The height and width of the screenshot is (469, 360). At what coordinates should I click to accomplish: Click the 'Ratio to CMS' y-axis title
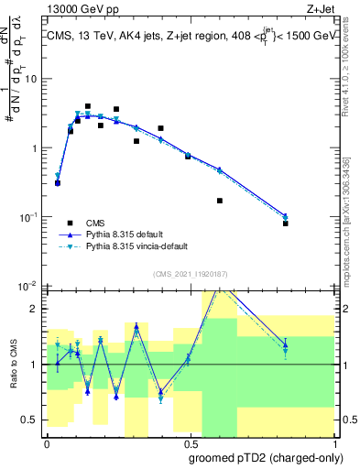[x=16, y=363]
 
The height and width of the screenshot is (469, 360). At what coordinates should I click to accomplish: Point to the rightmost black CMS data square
[x=286, y=224]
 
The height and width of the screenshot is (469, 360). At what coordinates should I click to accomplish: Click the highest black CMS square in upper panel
[x=88, y=106]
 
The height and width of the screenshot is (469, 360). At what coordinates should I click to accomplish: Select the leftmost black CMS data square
[x=58, y=183]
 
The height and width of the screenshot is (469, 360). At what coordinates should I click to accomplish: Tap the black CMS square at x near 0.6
[x=220, y=201]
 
